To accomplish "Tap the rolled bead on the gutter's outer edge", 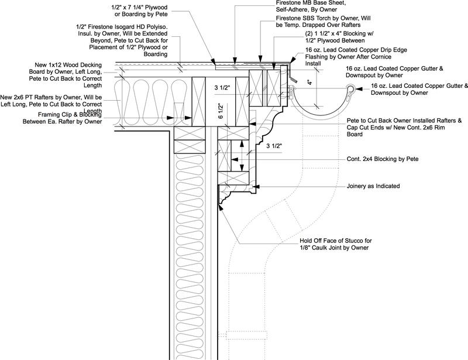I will tap(350, 89).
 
